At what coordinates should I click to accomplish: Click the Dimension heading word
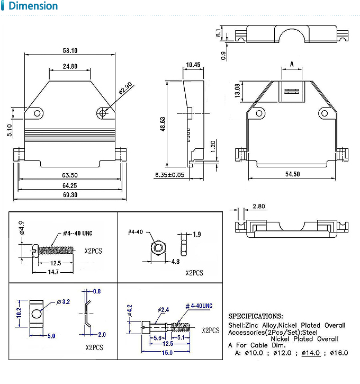[x=33, y=6]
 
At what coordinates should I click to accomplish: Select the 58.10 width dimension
[x=70, y=51]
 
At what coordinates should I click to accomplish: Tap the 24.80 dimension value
[x=70, y=66]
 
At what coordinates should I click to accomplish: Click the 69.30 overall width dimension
[x=70, y=195]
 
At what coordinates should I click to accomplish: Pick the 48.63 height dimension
[x=163, y=124]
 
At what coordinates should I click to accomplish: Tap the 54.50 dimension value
[x=293, y=174]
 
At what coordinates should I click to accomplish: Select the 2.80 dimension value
[x=259, y=206]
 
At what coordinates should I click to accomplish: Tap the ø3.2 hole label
[x=63, y=302]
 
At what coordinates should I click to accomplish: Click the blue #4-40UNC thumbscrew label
[x=199, y=306]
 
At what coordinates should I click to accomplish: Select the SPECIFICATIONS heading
[x=255, y=316]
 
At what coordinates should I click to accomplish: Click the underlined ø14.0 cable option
[x=311, y=353]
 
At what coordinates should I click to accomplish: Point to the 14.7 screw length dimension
[x=53, y=271]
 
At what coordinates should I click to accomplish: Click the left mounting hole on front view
[x=37, y=113]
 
